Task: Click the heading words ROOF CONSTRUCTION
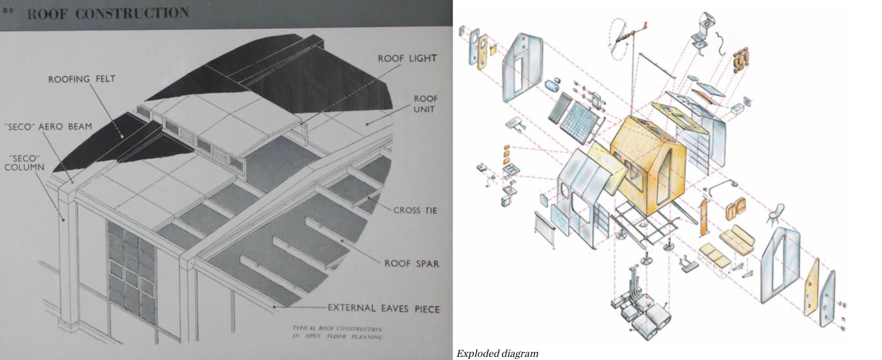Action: coord(107,14)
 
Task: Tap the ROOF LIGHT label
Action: coord(407,58)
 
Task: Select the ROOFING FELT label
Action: coord(82,79)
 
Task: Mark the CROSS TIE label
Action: coord(415,210)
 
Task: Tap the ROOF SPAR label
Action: coord(412,264)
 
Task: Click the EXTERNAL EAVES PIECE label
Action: coord(383,308)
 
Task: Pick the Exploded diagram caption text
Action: coord(497,353)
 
